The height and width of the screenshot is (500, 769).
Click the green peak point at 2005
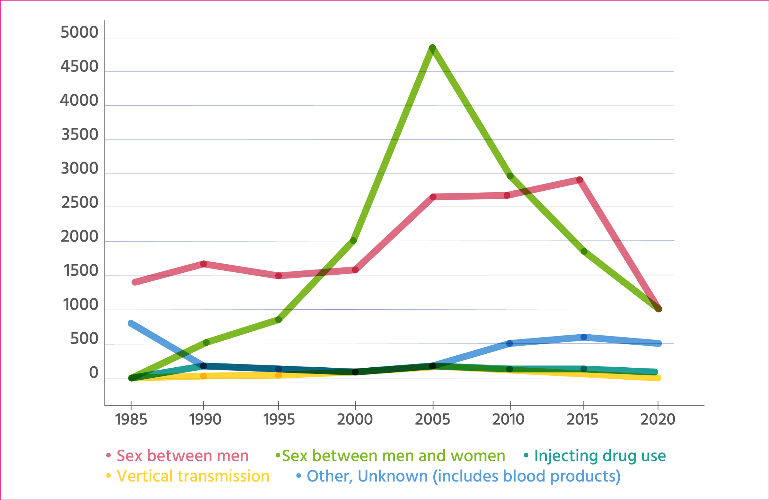click(x=432, y=48)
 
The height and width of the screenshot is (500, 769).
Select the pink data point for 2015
click(x=579, y=180)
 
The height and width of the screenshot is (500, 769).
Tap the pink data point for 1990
click(x=203, y=264)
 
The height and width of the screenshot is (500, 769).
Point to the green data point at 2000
click(x=353, y=241)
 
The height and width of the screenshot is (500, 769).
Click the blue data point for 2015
click(x=584, y=337)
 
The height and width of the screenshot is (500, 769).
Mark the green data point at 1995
click(x=278, y=320)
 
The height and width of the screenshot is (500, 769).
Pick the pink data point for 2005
click(x=433, y=197)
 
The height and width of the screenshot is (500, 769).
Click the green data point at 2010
click(x=510, y=176)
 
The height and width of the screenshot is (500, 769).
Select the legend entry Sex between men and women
click(x=393, y=456)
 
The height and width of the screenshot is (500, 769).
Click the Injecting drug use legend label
click(x=600, y=456)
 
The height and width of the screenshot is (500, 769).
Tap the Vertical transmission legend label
click(x=193, y=476)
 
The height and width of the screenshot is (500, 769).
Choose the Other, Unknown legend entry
click(x=463, y=476)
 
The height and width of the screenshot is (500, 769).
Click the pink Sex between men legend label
click(x=183, y=456)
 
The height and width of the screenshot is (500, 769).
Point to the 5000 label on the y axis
click(x=80, y=33)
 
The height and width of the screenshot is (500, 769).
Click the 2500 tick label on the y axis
click(x=80, y=203)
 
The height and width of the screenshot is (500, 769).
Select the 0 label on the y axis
click(x=93, y=373)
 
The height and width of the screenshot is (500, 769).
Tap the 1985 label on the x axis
click(x=131, y=419)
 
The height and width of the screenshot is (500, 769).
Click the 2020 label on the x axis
click(x=657, y=419)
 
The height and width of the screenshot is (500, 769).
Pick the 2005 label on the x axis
click(x=433, y=419)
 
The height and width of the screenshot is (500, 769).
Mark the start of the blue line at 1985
click(x=131, y=323)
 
